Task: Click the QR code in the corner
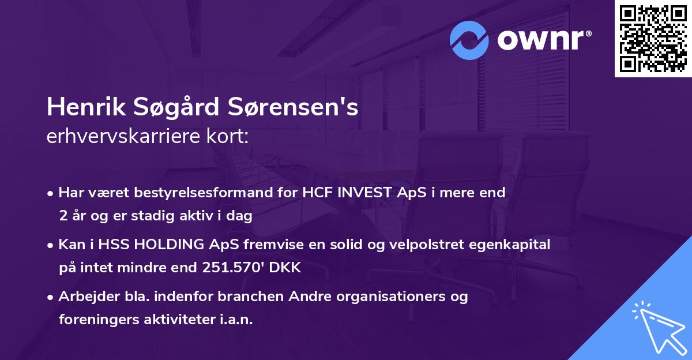point(653,39)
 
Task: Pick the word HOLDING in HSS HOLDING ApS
point(172,245)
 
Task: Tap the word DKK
point(287,268)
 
